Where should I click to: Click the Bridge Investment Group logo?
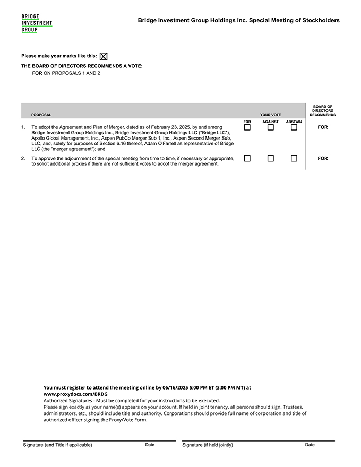tap(37, 23)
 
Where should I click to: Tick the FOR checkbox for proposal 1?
tap(247, 127)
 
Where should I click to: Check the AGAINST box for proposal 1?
tap(270, 127)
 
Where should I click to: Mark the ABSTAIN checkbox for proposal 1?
tap(294, 127)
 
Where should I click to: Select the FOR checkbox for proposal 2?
tap(247, 158)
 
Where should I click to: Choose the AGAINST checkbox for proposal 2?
tap(270, 158)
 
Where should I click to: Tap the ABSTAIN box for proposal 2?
tap(294, 158)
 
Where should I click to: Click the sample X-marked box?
tap(104, 56)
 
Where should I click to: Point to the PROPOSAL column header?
tap(41, 115)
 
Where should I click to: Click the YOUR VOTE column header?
tap(270, 115)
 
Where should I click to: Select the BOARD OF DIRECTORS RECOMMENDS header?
tap(323, 110)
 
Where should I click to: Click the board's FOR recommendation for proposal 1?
tap(323, 127)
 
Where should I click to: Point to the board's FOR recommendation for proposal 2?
tap(323, 158)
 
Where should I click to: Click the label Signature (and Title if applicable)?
tap(57, 445)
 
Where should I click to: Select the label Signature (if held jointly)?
tap(208, 445)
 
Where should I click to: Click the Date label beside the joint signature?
tap(310, 445)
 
